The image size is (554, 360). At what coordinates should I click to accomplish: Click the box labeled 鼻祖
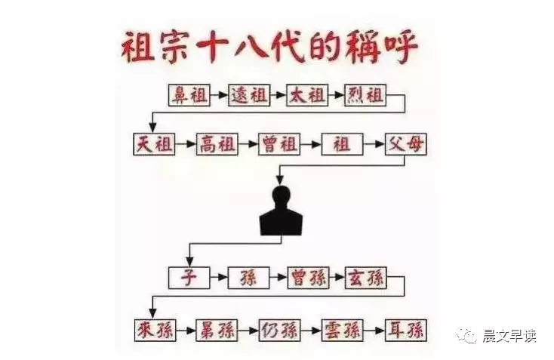click(x=189, y=96)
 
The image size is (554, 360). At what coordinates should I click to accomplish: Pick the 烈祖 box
click(x=365, y=96)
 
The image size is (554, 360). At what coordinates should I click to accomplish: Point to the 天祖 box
click(x=154, y=144)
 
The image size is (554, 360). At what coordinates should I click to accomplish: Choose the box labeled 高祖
click(x=217, y=144)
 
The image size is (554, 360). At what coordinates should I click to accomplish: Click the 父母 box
click(x=405, y=144)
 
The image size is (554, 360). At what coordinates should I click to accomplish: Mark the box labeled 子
click(x=188, y=278)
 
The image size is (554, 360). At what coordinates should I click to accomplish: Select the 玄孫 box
click(x=365, y=278)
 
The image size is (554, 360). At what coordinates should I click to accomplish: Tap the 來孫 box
click(x=153, y=330)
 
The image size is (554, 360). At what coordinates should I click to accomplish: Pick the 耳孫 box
click(x=405, y=330)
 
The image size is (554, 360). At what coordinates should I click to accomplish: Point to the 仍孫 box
click(x=279, y=330)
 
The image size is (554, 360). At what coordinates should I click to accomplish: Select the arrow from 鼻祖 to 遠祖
click(x=218, y=96)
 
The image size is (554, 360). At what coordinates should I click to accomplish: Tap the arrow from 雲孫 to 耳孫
click(x=374, y=330)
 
